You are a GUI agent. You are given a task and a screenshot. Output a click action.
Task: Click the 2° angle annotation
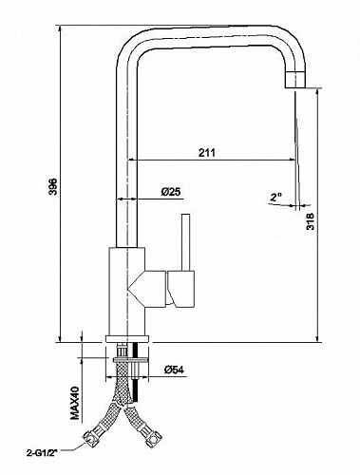pos(276,199)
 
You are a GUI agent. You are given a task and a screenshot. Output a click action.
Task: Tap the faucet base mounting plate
pos(125,338)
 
